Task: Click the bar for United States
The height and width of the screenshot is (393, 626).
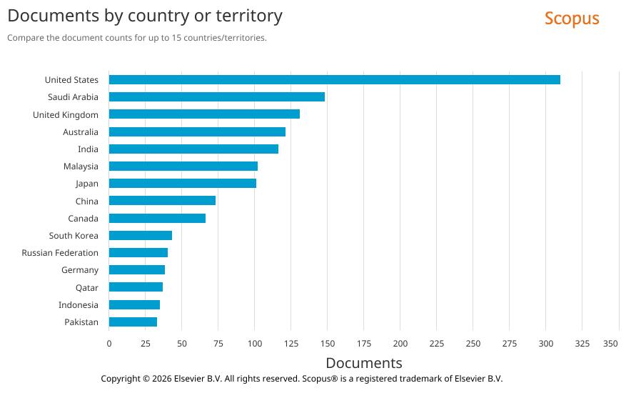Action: pos(334,80)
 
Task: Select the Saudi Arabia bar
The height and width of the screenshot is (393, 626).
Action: pos(216,97)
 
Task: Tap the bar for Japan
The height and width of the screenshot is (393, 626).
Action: pos(182,184)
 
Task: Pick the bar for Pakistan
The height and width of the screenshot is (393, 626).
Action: pos(133,322)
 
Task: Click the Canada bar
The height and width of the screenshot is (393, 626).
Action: pos(157,219)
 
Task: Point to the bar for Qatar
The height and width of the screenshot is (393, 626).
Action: pos(136,287)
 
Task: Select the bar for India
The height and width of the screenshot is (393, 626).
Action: pos(193,149)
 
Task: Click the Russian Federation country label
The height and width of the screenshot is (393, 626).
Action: pos(60,253)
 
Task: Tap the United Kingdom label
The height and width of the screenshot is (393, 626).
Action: pos(66,115)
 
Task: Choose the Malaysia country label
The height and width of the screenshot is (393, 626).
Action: pos(81,166)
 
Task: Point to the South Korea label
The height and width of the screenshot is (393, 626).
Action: pos(74,236)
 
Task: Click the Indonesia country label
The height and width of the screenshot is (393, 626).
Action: pos(79,305)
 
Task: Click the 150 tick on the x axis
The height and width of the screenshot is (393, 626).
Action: pos(327,344)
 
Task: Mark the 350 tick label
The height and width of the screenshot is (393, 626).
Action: pos(610,344)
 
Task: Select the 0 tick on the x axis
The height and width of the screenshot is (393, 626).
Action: pos(109,344)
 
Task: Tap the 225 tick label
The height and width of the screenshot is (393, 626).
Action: pos(436,344)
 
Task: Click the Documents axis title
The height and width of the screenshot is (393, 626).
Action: pos(363,363)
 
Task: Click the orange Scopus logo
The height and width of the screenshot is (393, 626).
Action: pos(572,19)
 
